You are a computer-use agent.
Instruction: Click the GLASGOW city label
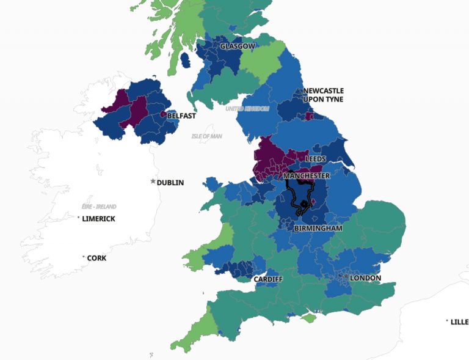[238, 46]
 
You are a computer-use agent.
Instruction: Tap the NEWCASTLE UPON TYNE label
[323, 95]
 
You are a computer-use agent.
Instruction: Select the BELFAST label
[182, 116]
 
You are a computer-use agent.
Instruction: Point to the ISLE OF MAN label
[206, 136]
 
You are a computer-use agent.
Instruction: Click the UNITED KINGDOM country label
[247, 109]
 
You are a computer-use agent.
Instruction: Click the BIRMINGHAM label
[318, 228]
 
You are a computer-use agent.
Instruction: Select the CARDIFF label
[268, 279]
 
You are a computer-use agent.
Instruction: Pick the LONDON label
[366, 278]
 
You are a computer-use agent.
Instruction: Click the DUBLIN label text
[170, 183]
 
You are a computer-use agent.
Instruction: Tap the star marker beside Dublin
[153, 182]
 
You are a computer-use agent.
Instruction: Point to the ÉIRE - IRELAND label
[99, 207]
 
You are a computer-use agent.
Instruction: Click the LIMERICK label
[99, 219]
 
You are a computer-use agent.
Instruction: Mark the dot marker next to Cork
[84, 257]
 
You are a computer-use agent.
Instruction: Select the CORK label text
[96, 258]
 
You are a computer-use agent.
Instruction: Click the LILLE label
[459, 321]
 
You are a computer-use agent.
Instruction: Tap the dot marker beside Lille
[447, 321]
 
